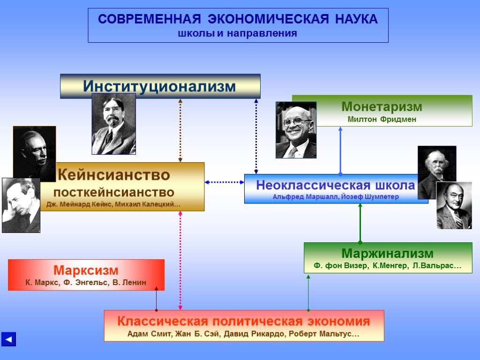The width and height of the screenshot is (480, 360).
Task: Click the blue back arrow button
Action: coord(8,339)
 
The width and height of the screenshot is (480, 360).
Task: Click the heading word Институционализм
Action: coord(159,86)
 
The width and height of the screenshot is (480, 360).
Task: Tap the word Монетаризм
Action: coord(382,106)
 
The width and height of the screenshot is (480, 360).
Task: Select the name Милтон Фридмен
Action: coord(382,120)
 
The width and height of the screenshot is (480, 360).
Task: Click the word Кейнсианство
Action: coord(113,175)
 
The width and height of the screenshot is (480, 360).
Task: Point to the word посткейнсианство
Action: coord(113,192)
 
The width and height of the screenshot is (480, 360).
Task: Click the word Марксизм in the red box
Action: coord(86,270)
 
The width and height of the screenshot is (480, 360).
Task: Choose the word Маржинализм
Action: coord(387,254)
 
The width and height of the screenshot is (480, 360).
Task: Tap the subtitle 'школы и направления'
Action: coord(238,34)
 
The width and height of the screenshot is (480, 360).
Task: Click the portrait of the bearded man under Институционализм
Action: coord(113,124)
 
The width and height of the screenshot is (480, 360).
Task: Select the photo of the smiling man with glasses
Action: coord(296,130)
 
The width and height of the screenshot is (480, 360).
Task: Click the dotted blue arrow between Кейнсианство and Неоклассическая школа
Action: coord(225,182)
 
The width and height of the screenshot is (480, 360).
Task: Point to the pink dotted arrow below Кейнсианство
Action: coord(180,260)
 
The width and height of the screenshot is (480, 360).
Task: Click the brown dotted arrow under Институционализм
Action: coord(180,130)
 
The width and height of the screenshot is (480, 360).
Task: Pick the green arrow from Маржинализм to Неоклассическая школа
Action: coord(360,223)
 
